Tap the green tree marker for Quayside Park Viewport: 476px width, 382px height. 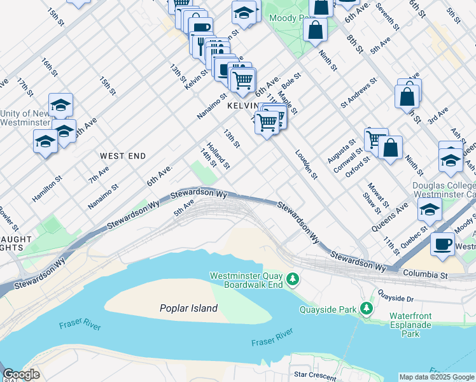tap(366, 309)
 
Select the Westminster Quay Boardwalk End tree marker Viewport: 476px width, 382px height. tap(293, 279)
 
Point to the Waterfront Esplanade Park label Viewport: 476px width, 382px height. tap(410, 325)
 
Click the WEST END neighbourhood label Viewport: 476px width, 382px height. tap(123, 156)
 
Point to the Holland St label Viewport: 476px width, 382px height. tap(218, 155)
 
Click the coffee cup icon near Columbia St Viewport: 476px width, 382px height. tap(442, 243)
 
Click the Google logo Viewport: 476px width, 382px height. tap(21, 375)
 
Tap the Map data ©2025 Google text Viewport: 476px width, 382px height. tap(437, 377)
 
